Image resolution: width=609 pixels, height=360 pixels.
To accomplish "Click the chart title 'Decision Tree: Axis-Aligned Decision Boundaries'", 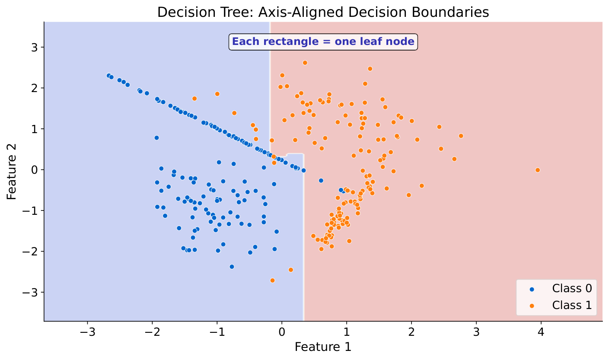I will (x=323, y=12).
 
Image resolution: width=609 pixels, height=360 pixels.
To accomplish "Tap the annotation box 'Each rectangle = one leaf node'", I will (x=323, y=42).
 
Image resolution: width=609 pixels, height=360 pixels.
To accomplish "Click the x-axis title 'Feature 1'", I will (x=323, y=347).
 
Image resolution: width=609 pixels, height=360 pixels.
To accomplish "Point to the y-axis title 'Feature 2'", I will (x=12, y=172).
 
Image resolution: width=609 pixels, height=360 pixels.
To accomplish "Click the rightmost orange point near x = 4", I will (x=538, y=170).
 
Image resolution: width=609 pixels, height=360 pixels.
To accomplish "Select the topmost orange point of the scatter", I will (x=305, y=63).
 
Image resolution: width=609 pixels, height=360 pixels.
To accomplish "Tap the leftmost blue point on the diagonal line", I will (x=109, y=75).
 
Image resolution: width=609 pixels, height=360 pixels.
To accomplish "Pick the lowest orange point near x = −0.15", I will (x=272, y=280).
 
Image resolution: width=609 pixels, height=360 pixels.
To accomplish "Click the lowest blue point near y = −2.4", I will (x=232, y=267).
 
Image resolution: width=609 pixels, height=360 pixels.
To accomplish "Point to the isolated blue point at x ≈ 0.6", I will (x=321, y=181).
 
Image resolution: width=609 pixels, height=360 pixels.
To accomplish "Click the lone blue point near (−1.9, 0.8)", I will (x=156, y=138).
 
